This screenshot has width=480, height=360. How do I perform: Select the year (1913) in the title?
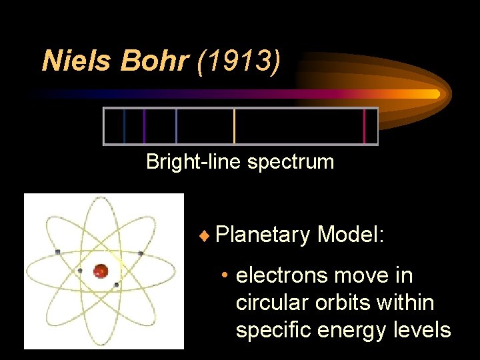coord(239,61)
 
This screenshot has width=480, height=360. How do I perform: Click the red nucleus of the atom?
coord(101,271)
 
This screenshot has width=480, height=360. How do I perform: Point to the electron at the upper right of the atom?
coord(141,253)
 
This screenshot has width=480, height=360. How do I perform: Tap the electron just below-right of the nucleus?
coord(117,285)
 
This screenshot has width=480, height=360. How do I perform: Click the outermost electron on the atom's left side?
coord(58,251)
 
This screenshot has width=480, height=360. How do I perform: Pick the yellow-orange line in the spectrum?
coord(234,126)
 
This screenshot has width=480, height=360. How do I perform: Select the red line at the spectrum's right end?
coord(364,126)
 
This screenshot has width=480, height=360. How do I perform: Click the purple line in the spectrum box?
coord(145,126)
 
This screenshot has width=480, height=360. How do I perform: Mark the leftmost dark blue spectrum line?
coord(124,126)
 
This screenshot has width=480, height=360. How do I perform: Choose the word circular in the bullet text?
coord(269,303)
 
